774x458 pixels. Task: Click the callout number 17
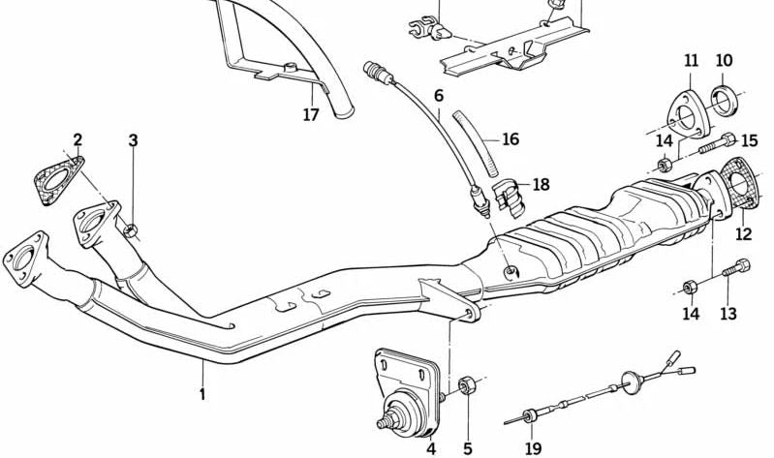[x=311, y=115]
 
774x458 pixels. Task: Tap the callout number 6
[x=439, y=95]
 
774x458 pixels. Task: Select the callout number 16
[x=511, y=139]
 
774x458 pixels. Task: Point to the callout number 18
[x=541, y=185]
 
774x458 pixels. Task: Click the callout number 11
[x=692, y=61]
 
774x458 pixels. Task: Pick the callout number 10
[x=725, y=61]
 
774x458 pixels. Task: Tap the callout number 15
[x=750, y=140]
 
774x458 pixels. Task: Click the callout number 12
[x=743, y=233]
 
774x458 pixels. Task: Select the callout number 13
[x=728, y=314]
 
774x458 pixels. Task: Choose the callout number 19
[x=533, y=448]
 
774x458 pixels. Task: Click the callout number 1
[x=202, y=394]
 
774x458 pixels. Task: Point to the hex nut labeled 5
[x=467, y=384]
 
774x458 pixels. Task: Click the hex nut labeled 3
[x=131, y=229]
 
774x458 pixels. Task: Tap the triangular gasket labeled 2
[x=59, y=181]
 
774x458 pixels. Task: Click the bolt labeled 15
[x=717, y=142]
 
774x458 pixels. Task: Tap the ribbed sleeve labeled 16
[x=477, y=143]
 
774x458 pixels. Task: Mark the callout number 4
[x=431, y=448]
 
